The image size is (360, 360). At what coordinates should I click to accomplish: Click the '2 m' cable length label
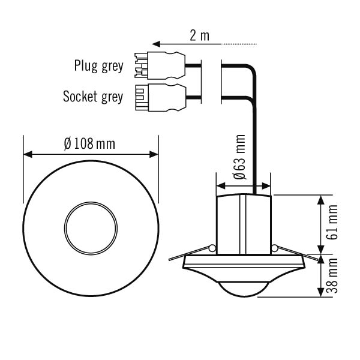click(x=199, y=35)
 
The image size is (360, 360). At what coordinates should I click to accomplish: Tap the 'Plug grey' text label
click(x=99, y=65)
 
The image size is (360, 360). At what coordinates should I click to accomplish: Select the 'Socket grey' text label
click(x=93, y=95)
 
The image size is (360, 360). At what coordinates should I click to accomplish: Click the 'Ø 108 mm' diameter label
click(x=89, y=144)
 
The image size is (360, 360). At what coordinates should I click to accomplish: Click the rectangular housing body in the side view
click(x=242, y=223)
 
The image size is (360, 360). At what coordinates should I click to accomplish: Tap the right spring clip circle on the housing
click(x=274, y=248)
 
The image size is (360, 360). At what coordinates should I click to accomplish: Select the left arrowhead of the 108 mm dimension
click(x=27, y=155)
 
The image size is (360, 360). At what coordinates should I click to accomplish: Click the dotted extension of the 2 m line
click(x=240, y=44)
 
